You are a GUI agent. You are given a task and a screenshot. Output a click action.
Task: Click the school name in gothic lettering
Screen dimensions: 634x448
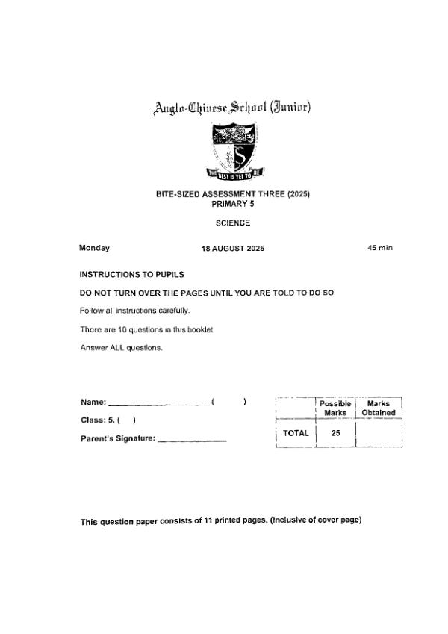[232, 108]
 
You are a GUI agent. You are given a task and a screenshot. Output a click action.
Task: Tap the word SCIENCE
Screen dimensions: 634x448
[233, 223]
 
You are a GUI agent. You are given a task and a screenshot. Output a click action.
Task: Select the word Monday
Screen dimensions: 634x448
[95, 248]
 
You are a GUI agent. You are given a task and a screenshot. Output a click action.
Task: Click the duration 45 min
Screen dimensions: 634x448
[380, 248]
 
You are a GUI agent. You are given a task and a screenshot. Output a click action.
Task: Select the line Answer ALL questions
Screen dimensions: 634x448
[121, 347]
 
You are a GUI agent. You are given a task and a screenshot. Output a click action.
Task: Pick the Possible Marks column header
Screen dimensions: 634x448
[335, 408]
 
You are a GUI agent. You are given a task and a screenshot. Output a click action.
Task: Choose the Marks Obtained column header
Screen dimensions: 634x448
[379, 408]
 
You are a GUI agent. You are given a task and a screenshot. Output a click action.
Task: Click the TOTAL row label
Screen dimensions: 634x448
[296, 433]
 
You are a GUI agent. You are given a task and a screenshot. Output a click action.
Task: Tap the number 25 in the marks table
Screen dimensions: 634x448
[335, 433]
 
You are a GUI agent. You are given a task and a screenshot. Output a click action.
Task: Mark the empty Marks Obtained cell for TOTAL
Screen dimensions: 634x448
[379, 433]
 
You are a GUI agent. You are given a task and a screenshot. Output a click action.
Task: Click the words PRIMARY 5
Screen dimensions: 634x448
[233, 202]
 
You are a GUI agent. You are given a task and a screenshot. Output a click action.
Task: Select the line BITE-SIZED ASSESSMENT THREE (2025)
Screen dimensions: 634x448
[233, 194]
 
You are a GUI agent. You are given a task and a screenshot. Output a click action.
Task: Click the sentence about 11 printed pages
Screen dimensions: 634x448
[221, 521]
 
